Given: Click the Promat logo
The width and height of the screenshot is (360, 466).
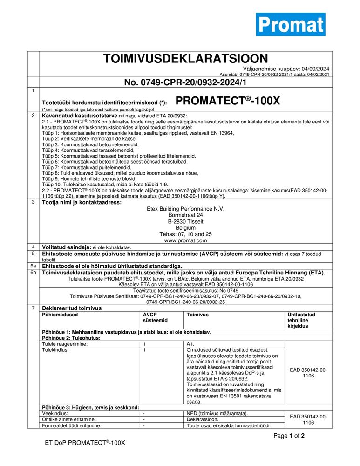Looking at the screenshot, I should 290,24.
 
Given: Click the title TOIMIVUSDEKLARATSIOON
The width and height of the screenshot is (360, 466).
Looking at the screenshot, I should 185,59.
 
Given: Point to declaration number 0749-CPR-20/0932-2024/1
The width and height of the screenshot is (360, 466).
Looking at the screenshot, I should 185,82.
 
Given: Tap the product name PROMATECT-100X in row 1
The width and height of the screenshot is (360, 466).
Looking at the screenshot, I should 228,101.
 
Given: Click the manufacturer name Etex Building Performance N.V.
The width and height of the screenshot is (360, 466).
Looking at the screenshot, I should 185,209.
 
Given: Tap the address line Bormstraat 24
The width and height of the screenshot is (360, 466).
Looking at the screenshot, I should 185,216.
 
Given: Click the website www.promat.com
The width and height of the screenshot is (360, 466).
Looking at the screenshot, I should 185,241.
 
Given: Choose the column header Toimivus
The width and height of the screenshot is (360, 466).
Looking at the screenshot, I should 197,315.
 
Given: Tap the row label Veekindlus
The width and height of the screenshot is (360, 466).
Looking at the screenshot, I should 55,413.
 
